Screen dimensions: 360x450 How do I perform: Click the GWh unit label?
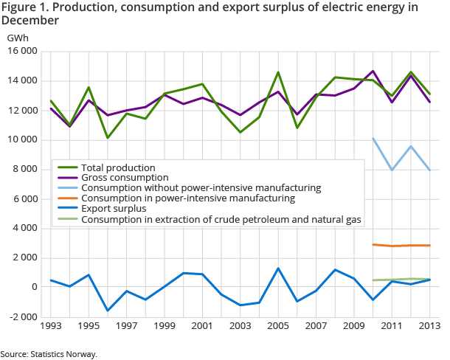[18, 36]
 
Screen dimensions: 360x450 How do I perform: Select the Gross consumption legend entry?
[125, 178]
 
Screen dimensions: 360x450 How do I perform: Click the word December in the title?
[31, 21]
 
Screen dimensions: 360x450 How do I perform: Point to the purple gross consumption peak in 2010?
[373, 71]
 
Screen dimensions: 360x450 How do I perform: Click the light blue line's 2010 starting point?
[373, 138]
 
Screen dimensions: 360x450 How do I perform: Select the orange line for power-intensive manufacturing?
[401, 246]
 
